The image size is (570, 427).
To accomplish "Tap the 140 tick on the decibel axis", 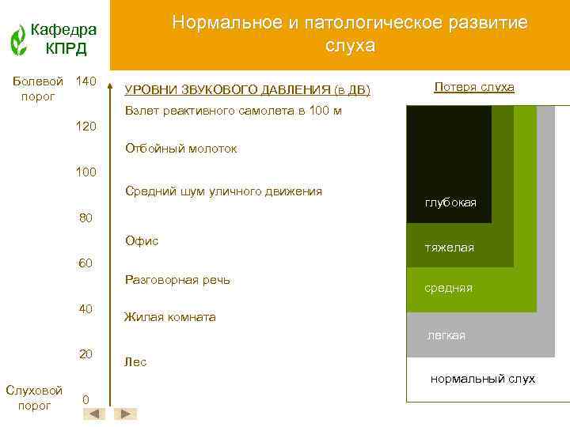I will tap(85, 81).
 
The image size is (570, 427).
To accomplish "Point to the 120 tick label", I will tap(86, 126).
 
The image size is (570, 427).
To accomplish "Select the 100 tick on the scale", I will tap(86, 171).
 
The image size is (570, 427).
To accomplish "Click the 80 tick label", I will tap(86, 218).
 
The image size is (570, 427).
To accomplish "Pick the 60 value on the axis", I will tap(86, 263).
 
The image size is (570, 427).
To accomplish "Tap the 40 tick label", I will tap(86, 308).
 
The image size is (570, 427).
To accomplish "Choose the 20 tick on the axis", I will tap(86, 353).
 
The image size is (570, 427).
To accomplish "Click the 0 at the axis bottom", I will tap(85, 399).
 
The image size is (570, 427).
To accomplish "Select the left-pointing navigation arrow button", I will tap(94, 414).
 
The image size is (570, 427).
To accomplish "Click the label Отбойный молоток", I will tap(181, 149).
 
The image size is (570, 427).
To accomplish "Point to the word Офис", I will tap(142, 240).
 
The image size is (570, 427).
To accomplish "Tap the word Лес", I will tap(135, 362).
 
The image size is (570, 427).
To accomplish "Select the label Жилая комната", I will tap(170, 317).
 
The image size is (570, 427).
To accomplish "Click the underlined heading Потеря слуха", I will tap(474, 87).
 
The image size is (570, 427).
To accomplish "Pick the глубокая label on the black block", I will tap(450, 203).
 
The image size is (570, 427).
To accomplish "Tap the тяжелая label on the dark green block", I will tap(450, 248).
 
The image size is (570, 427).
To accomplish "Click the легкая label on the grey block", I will tap(446, 335).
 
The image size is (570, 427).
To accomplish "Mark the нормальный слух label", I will tap(483, 379).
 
